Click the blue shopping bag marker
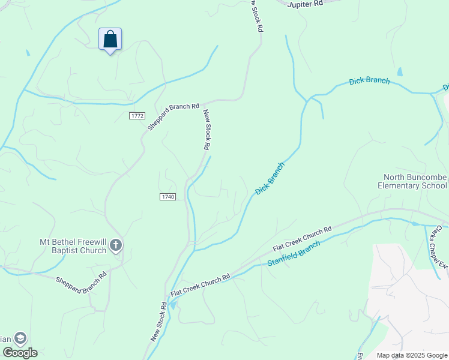110,40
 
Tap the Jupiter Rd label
305,4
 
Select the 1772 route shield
137,115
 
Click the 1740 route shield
167,197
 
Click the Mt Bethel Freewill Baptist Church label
73,246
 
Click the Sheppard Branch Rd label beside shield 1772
173,116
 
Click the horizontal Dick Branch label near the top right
369,81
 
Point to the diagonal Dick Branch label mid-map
270,178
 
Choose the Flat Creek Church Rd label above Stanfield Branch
302,239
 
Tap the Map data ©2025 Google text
411,355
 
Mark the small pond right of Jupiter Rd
400,72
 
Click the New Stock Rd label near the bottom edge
159,321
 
